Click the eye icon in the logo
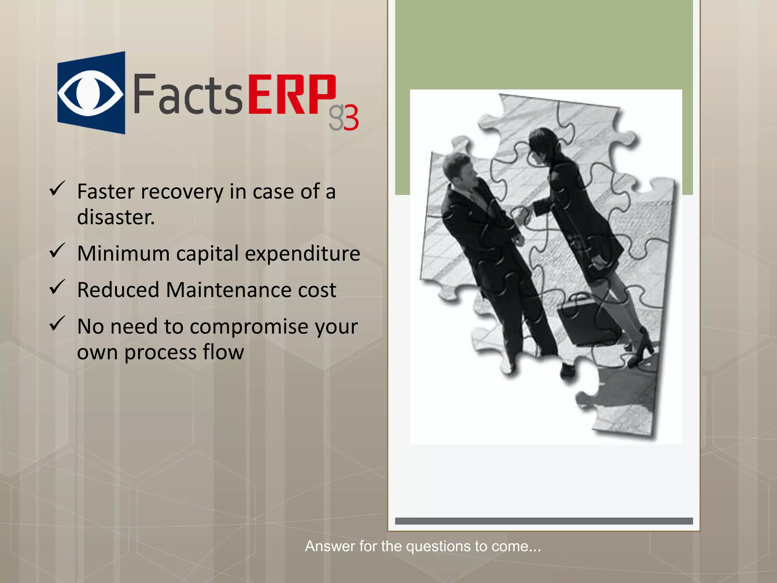[90, 93]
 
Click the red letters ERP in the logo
[292, 95]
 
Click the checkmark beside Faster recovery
[57, 189]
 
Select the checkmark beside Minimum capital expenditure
[57, 251]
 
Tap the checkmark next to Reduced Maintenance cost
[57, 287]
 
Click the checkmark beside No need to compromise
[57, 324]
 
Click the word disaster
[116, 217]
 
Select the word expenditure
[302, 254]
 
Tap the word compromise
[249, 326]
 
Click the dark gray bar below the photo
[544, 521]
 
